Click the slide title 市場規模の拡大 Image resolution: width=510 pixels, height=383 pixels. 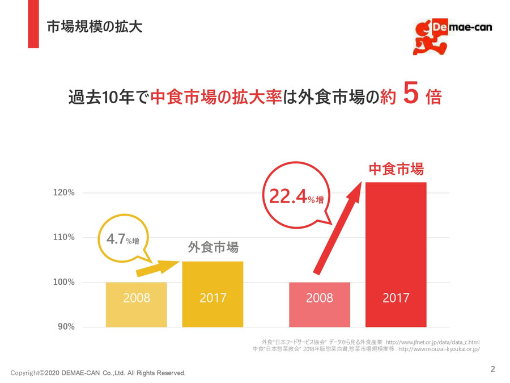pyautogui.click(x=94, y=27)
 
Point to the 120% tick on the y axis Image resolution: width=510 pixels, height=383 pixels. pyautogui.click(x=64, y=193)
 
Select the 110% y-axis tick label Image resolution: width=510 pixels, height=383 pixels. pyautogui.click(x=64, y=237)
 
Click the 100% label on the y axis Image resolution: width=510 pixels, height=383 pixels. pyautogui.click(x=64, y=282)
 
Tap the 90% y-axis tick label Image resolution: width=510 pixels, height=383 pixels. pyautogui.click(x=67, y=327)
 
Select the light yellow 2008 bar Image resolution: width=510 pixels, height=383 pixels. pyautogui.click(x=136, y=304)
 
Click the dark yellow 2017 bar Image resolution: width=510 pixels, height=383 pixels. pyautogui.click(x=212, y=294)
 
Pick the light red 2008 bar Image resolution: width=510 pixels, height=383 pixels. pyautogui.click(x=319, y=304)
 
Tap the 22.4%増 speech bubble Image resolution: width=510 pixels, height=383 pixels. pyautogui.click(x=295, y=196)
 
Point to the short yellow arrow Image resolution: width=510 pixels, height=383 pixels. pyautogui.click(x=156, y=268)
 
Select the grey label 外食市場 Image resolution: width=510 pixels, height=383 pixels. pyautogui.click(x=213, y=247)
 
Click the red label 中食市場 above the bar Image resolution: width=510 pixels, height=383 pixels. pyautogui.click(x=396, y=169)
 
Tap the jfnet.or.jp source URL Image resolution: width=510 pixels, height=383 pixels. pyautogui.click(x=432, y=342)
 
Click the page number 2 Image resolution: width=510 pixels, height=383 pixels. pyautogui.click(x=492, y=369)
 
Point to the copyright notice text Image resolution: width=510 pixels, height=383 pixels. pyautogui.click(x=98, y=373)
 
